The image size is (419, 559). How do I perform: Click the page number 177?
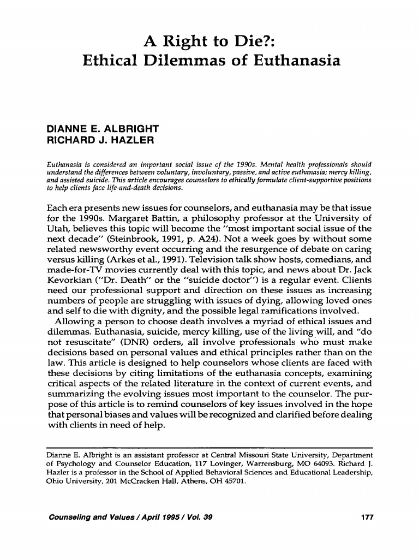(367, 516)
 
